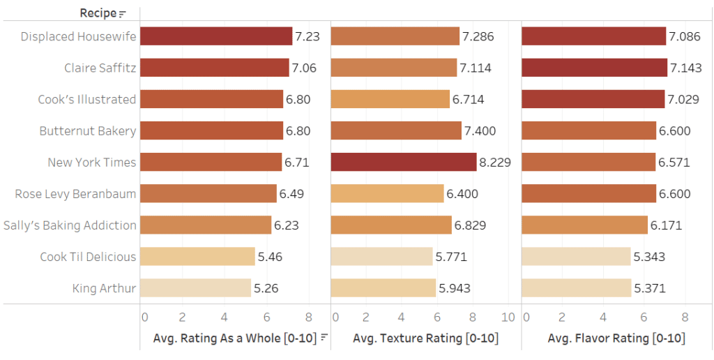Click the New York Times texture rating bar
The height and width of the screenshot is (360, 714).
(x=403, y=162)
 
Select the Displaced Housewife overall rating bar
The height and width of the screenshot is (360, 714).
(x=215, y=36)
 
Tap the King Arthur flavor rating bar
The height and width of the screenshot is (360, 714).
(x=576, y=288)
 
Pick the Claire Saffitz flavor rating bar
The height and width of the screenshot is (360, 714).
(x=594, y=68)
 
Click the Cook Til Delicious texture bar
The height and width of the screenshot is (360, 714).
(x=381, y=257)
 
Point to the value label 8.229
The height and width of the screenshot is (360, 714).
(x=495, y=163)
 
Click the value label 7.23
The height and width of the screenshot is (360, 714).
(x=307, y=36)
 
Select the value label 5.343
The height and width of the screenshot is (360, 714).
(x=649, y=257)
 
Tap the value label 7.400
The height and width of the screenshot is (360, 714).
(x=480, y=130)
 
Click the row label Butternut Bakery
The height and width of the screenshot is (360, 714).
(x=88, y=130)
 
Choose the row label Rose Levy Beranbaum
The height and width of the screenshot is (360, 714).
(x=75, y=194)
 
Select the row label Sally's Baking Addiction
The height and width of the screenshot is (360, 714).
(x=70, y=225)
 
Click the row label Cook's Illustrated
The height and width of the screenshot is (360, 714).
(x=87, y=99)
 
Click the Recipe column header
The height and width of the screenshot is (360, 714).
(x=98, y=13)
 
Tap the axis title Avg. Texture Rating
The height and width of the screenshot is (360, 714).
(x=425, y=338)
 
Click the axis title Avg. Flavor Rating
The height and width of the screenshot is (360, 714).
(x=616, y=338)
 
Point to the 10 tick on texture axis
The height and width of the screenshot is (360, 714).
(x=508, y=317)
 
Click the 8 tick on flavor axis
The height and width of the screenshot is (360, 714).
(x=685, y=317)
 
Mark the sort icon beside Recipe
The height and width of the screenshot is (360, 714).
(x=123, y=14)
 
